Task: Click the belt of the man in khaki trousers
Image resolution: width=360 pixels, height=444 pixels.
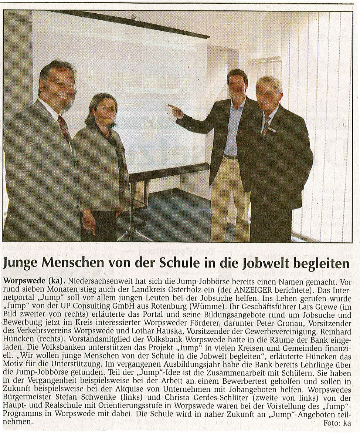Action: click(231, 157)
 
